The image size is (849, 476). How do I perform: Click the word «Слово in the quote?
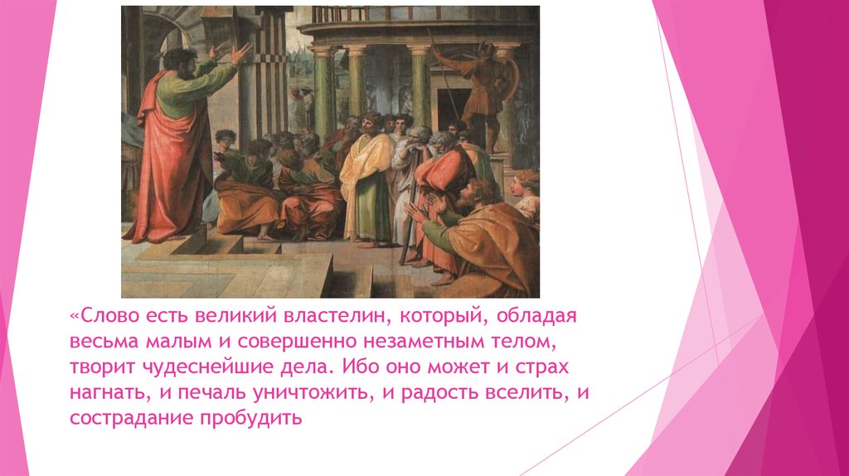(x=101, y=316)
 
